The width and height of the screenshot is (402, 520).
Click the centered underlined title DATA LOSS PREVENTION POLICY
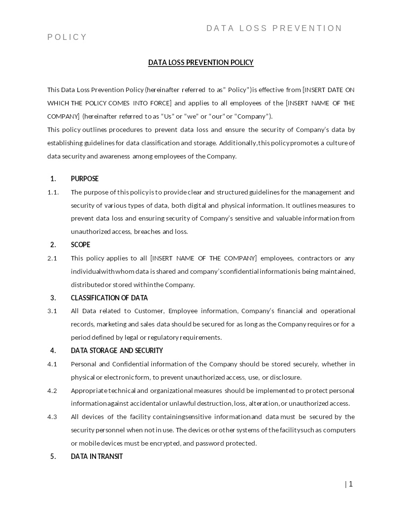[201, 63]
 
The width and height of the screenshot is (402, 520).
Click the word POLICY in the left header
[67, 37]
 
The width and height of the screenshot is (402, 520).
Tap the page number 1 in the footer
[351, 484]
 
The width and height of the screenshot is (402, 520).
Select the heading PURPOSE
[85, 179]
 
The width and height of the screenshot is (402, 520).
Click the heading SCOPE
[80, 245]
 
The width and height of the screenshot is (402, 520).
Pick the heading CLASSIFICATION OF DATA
[109, 298]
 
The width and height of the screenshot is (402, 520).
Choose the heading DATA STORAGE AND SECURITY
[117, 351]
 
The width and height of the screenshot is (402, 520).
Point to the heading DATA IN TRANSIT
[97, 456]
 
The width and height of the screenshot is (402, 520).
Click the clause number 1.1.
[53, 192]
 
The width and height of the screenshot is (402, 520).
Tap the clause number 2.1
[52, 258]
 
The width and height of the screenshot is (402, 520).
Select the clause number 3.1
[52, 311]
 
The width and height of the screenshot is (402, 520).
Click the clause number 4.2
[52, 390]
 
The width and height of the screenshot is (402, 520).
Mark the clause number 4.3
[52, 417]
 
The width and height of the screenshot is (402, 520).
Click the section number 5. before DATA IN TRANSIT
[53, 456]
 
